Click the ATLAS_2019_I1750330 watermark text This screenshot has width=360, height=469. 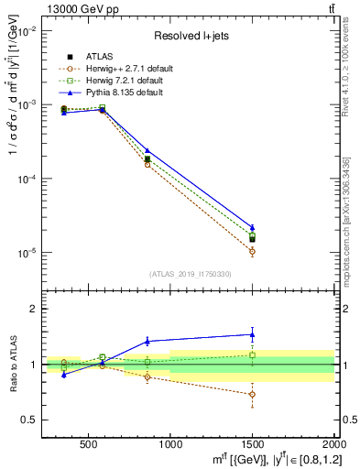pos(190,273)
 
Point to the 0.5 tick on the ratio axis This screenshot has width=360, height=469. pos(29,420)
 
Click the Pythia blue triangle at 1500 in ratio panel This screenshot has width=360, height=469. pos(252,334)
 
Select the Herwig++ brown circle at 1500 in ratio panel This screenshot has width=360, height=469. pos(252,395)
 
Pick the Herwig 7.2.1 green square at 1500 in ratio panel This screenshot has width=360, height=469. pos(252,354)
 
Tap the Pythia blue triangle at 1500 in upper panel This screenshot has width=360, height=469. pos(252,227)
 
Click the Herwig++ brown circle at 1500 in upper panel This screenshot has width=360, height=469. pos(252,251)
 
